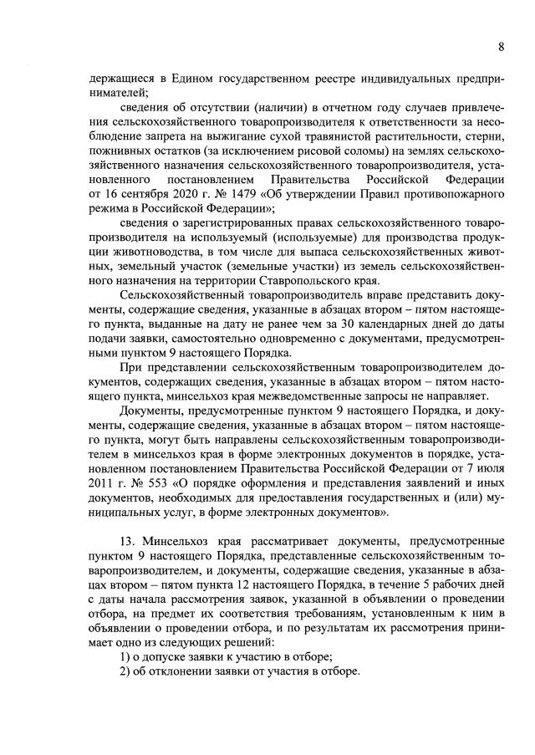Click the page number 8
pos(500,45)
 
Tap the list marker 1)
pos(125,656)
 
